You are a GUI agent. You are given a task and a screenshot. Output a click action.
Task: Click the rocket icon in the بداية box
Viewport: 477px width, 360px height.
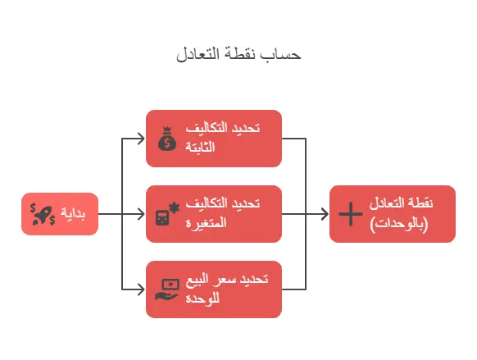pos(43,214)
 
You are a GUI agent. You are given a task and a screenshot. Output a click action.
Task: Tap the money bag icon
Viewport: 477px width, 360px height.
pos(167,139)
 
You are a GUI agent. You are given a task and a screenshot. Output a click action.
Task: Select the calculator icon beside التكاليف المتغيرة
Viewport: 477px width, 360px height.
pos(167,214)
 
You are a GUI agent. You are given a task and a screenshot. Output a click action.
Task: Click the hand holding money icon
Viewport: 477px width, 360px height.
pos(167,289)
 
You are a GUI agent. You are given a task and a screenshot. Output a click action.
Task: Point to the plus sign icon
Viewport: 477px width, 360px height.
pos(351,214)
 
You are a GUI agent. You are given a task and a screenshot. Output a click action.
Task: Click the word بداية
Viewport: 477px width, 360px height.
pos(73,213)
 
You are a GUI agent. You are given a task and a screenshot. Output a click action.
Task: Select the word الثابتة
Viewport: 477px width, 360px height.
pos(200,147)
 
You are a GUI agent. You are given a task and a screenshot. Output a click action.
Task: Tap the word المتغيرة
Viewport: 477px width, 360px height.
pos(206,222)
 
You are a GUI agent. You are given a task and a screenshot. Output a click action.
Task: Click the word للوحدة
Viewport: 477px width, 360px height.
pos(202,298)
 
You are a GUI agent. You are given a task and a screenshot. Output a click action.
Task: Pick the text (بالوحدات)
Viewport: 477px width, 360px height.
pos(399,224)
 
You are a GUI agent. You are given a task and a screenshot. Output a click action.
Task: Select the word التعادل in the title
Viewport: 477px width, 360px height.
pos(198,54)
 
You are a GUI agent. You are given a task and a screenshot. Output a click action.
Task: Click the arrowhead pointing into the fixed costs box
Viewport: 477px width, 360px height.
pos(141,139)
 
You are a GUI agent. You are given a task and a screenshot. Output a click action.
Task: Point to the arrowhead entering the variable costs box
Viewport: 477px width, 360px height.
pos(141,214)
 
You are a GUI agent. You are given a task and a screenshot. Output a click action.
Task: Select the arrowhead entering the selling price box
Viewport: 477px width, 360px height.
pos(141,289)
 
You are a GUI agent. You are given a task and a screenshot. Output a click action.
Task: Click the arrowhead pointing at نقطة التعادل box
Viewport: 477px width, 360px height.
pos(325,214)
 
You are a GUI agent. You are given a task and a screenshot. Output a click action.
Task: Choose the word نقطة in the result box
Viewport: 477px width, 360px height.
pos(421,203)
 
